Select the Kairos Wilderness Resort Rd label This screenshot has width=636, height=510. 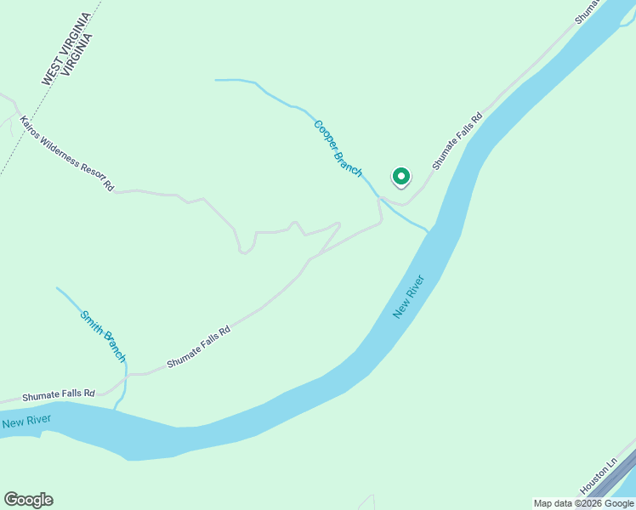[66, 153]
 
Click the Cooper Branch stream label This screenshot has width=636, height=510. [338, 148]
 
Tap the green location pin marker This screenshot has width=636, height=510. [400, 177]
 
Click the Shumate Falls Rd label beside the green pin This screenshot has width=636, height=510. [457, 141]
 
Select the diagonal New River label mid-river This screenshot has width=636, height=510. [408, 297]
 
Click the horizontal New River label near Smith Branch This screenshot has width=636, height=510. [26, 421]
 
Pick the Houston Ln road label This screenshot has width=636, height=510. [598, 477]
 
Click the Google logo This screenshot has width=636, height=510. [28, 500]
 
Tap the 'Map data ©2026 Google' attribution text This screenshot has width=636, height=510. [583, 503]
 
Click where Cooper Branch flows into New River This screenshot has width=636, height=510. [429, 230]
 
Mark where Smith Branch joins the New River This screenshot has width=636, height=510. [116, 408]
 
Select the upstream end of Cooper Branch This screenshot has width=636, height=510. [217, 80]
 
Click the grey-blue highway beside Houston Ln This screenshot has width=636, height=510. [614, 480]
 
